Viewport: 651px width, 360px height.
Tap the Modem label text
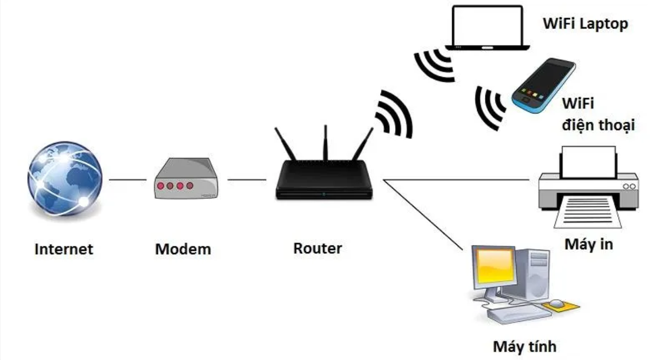pyautogui.click(x=183, y=249)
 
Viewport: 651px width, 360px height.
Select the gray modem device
pyautogui.click(x=186, y=178)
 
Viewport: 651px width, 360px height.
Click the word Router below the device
pyautogui.click(x=318, y=248)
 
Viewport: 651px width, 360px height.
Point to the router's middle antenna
pyautogui.click(x=326, y=143)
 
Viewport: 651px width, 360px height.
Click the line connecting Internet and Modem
pyautogui.click(x=127, y=180)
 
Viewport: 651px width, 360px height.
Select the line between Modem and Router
pyautogui.click(x=247, y=180)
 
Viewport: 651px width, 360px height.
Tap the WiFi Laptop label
pyautogui.click(x=585, y=24)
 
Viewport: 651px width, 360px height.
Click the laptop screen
pyautogui.click(x=487, y=26)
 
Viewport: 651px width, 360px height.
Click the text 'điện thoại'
pyautogui.click(x=598, y=125)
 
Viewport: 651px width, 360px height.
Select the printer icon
pyautogui.click(x=589, y=187)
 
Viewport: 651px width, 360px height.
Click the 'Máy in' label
pyautogui.click(x=589, y=245)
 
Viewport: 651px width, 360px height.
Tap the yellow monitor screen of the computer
pyautogui.click(x=495, y=266)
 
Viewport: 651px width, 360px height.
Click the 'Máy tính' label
pyautogui.click(x=525, y=347)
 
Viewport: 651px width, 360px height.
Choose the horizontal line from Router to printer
pyautogui.click(x=456, y=180)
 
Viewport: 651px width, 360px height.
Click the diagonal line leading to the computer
pyautogui.click(x=423, y=215)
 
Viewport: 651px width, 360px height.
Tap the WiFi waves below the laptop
pyautogui.click(x=434, y=65)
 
